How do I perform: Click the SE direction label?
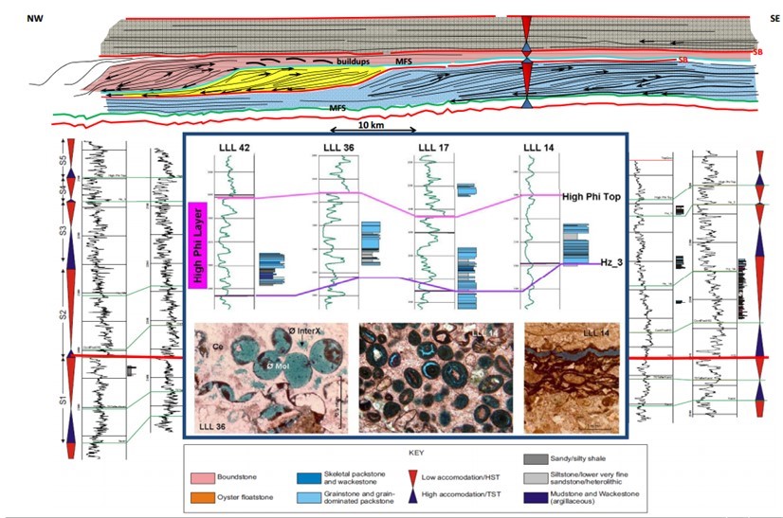point(766,19)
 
